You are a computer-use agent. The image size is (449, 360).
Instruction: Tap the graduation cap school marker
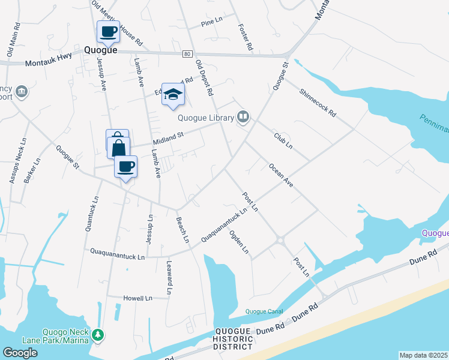[x=173, y=94]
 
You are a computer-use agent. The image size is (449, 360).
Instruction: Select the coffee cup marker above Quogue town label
[x=108, y=32]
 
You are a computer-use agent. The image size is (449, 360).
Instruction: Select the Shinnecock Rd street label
[x=318, y=99]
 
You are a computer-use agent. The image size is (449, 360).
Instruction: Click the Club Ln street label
[x=283, y=141]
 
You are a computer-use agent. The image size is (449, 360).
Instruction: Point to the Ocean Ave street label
[x=280, y=175]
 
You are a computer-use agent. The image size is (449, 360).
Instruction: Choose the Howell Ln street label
[x=137, y=298]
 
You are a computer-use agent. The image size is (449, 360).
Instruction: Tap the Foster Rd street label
[x=244, y=36]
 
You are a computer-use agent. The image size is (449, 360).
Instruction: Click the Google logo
[x=20, y=352]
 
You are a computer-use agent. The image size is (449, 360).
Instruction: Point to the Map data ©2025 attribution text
[x=423, y=355]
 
